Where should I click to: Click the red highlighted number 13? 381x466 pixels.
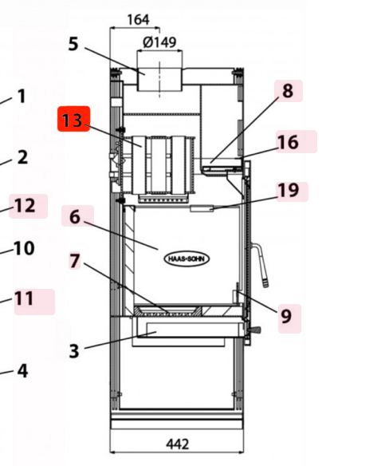73,120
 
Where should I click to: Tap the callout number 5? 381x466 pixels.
73,43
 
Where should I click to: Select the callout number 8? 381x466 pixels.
288,91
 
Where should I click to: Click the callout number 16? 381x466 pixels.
288,142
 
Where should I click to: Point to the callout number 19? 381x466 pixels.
288,191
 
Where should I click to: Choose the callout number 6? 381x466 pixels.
75,216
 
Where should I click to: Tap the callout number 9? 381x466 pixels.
285,317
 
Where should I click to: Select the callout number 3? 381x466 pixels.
73,350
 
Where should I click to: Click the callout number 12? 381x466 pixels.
25,206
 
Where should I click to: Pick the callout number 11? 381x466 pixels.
25,298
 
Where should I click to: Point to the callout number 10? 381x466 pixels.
24,248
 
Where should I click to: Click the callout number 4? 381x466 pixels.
22,370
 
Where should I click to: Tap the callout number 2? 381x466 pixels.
22,157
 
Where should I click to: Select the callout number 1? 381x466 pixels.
22,97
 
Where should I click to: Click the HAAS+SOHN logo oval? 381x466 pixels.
187,259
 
